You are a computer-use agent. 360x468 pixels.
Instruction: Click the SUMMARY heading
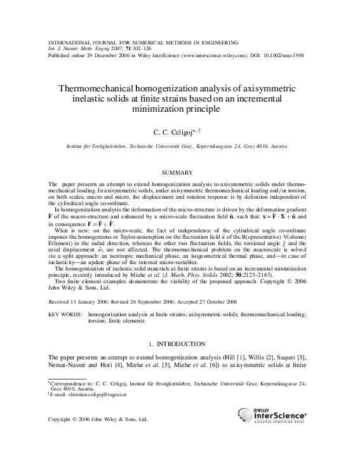[x=180, y=172]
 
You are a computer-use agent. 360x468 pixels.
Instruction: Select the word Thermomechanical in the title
[x=103, y=90]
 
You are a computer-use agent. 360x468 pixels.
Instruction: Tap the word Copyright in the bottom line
[x=62, y=420]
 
